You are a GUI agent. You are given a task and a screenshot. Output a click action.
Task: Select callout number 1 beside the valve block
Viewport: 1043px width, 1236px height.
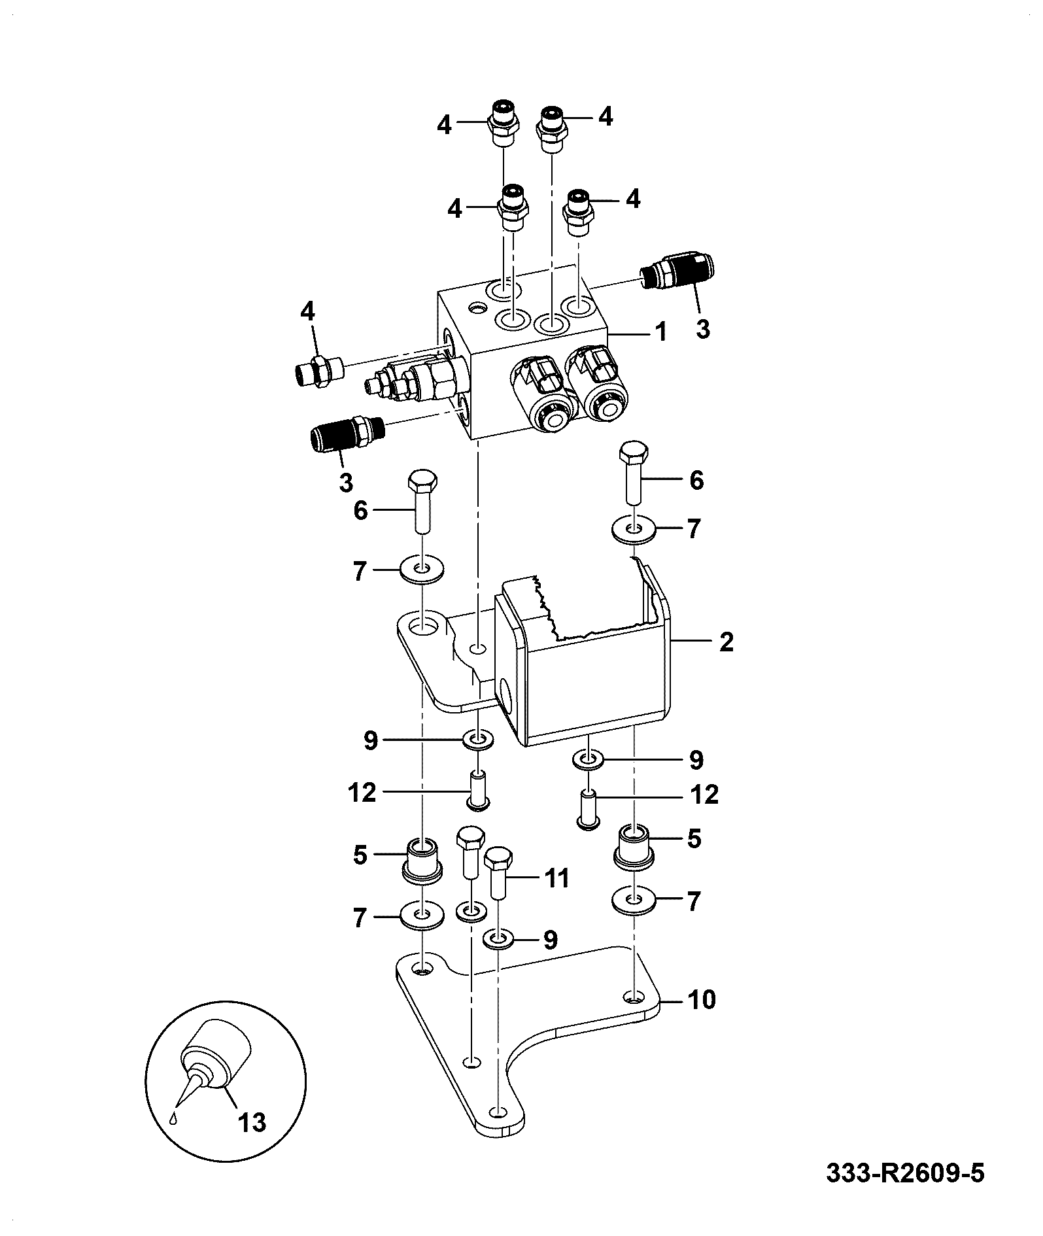[661, 332]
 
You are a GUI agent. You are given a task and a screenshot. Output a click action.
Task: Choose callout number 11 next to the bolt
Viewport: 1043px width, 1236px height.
[556, 878]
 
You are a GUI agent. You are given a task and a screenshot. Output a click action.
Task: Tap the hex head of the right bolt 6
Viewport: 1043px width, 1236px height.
[633, 453]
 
